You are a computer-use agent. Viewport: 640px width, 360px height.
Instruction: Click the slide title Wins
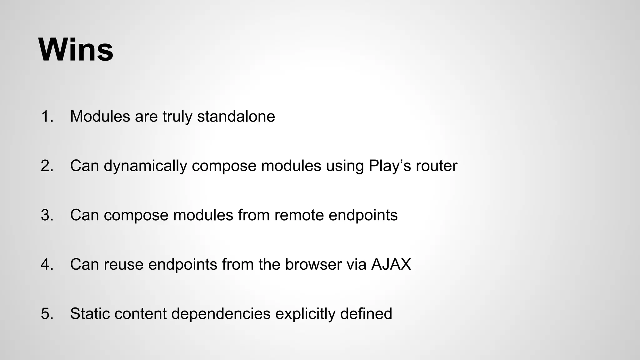coord(76,50)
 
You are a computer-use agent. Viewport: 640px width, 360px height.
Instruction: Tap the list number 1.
coord(47,116)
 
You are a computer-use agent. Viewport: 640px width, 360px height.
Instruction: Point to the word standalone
coord(236,116)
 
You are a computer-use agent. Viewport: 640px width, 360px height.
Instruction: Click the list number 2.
coord(47,166)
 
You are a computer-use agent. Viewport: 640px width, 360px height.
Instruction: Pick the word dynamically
coord(145,166)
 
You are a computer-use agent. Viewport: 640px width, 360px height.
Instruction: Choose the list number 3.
coord(47,215)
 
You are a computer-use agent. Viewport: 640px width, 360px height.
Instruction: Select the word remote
coord(299,215)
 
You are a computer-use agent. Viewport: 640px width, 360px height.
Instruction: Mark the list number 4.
coord(47,264)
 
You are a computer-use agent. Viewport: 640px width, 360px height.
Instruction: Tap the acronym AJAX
coord(391,264)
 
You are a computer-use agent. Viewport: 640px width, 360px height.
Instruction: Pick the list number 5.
coord(47,314)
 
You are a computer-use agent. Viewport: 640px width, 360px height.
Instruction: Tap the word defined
coord(366,314)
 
